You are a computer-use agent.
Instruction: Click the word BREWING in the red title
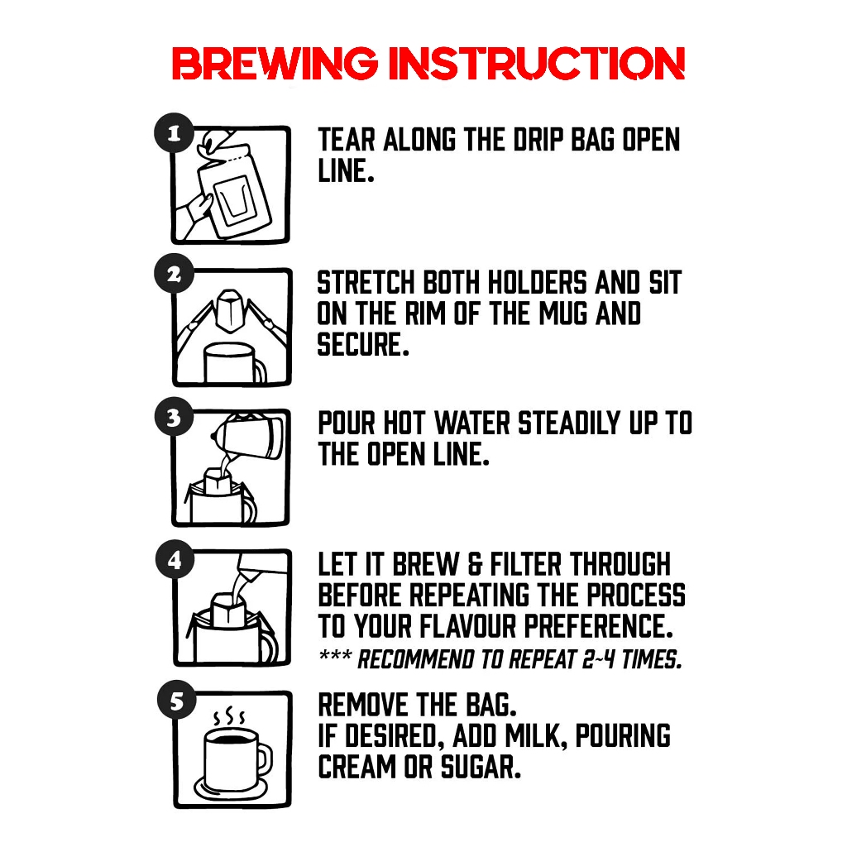point(275,63)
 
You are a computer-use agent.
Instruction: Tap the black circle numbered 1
point(174,133)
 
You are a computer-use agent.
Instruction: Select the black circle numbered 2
point(174,275)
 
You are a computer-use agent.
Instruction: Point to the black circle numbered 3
point(174,417)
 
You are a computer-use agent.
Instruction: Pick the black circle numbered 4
point(175,560)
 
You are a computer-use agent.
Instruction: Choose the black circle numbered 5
point(177,701)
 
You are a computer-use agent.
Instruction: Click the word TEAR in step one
point(347,140)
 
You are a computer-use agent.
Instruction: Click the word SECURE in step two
point(362,345)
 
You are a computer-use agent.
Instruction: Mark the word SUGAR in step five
point(481,767)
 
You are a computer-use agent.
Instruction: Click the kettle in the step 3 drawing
point(248,437)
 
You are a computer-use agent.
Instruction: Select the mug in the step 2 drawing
point(233,363)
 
